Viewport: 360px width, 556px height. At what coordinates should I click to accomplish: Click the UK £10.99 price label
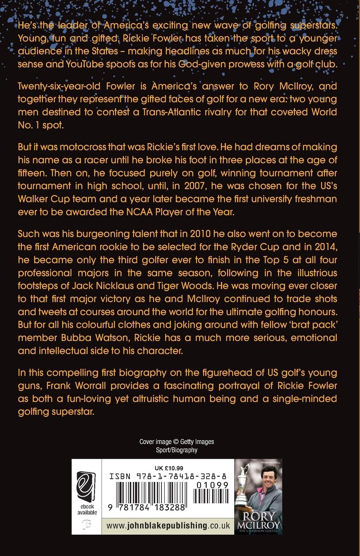coord(169,468)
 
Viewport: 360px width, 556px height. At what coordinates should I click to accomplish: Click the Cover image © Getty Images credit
coord(177,442)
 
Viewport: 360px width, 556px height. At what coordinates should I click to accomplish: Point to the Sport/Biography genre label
coord(177,450)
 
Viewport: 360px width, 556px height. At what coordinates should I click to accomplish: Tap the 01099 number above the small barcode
coord(212,485)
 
